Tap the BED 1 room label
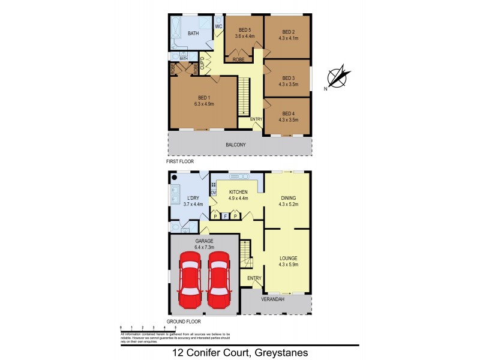click(x=204, y=98)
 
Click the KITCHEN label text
click(x=238, y=192)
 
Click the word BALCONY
click(x=235, y=145)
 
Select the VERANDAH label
click(x=271, y=299)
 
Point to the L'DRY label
click(x=193, y=197)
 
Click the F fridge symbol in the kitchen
click(x=225, y=216)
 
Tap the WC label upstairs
click(x=218, y=26)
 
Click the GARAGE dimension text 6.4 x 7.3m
click(x=204, y=246)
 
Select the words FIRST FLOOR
click(x=180, y=162)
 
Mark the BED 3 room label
click(x=289, y=78)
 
